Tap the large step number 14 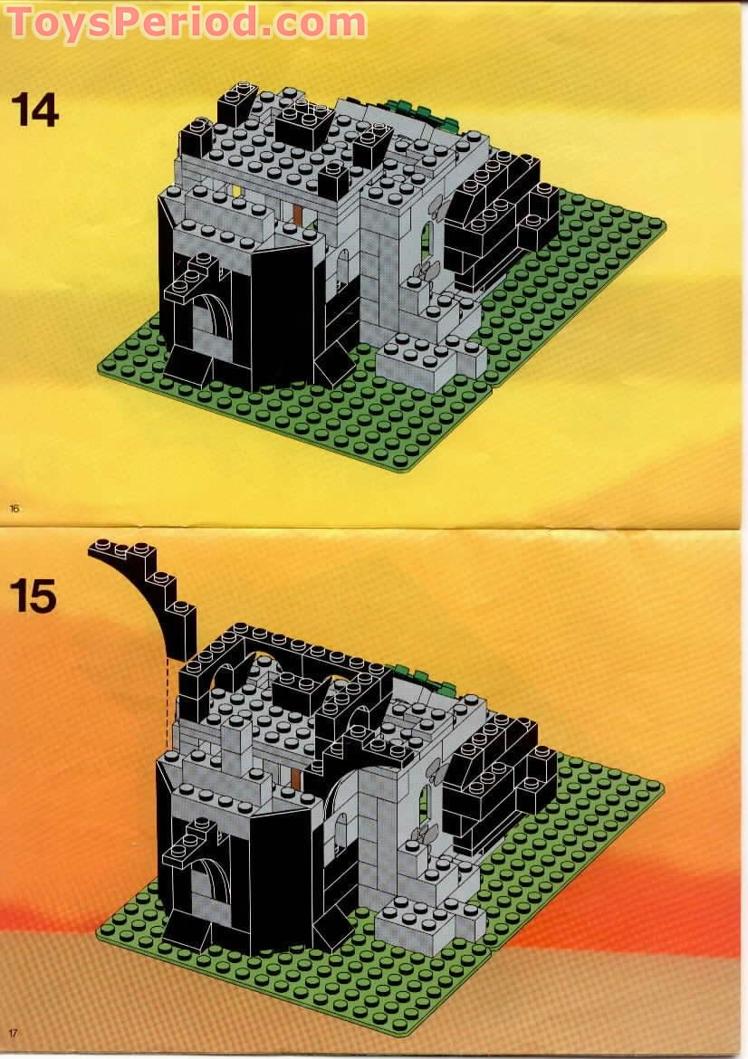(x=34, y=110)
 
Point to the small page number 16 (x=14, y=509)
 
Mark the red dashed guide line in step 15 (x=168, y=701)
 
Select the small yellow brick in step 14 (x=237, y=191)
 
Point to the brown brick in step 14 (x=300, y=215)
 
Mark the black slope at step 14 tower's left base (x=186, y=367)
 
